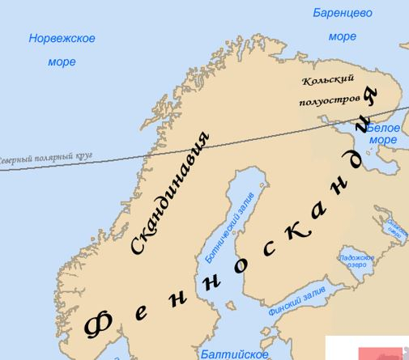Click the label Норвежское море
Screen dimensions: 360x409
coord(62,49)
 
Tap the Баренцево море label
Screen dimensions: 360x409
coord(343,24)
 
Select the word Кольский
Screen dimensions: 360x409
coord(328,81)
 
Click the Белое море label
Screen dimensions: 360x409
coord(383,133)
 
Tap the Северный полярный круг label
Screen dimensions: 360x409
coord(46,159)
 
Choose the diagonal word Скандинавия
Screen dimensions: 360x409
coord(169,195)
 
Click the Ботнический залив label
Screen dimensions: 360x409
coord(224,231)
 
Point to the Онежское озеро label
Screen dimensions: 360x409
coord(397,227)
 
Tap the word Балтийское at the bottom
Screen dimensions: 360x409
coord(234,354)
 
